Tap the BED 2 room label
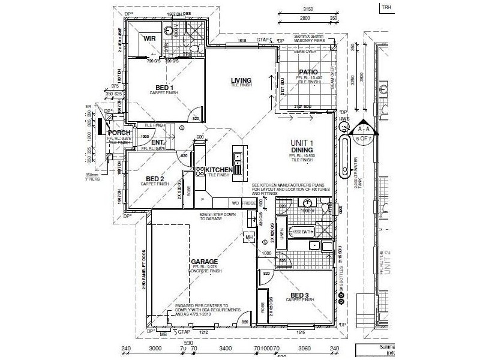155,179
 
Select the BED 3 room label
300,295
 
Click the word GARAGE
204,262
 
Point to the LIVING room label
241,80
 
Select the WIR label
148,38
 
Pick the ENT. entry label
141,142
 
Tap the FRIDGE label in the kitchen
250,204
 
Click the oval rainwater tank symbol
345,157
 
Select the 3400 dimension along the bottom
226,347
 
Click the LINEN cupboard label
281,234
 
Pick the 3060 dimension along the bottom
305,347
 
